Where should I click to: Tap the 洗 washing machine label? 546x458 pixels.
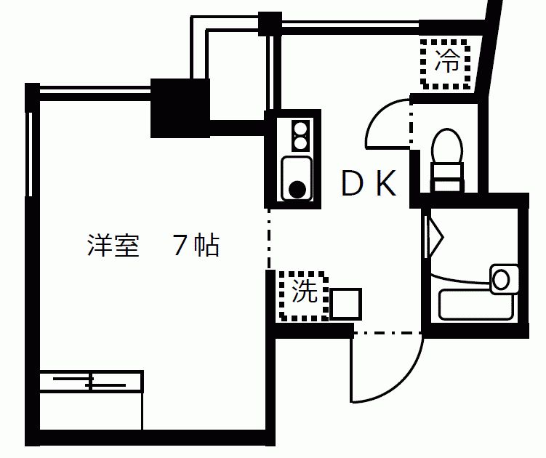tap(305, 290)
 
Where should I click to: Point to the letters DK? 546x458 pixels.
tap(369, 183)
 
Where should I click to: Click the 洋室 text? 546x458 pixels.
tap(113, 246)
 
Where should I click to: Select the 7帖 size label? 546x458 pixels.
tap(196, 246)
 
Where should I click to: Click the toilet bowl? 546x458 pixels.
tap(446, 145)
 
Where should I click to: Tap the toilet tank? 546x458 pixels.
tap(447, 177)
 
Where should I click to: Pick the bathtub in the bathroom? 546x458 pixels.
tap(476, 305)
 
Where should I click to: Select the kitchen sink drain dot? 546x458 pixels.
tap(297, 190)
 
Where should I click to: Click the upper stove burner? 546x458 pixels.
tap(300, 128)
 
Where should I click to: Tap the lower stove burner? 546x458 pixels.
tap(300, 143)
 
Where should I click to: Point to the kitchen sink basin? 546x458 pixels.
tap(297, 179)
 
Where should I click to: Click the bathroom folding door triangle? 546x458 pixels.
tap(435, 238)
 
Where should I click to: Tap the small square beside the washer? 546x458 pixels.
tap(345, 304)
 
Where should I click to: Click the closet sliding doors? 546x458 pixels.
tap(91, 382)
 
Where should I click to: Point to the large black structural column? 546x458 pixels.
tap(180, 108)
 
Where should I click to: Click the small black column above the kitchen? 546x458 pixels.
tap(270, 24)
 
